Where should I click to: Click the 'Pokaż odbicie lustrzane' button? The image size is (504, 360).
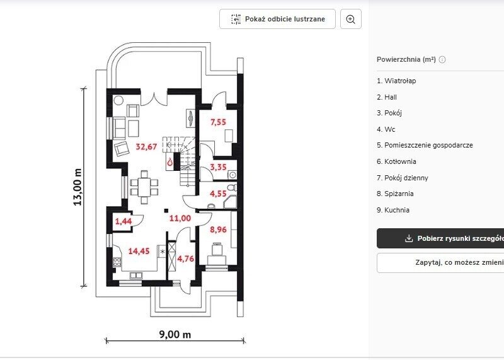pyautogui.click(x=277, y=19)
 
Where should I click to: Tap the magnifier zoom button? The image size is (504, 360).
pyautogui.click(x=351, y=19)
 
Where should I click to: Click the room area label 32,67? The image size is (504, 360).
pyautogui.click(x=147, y=147)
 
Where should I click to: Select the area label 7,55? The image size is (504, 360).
pyautogui.click(x=218, y=122)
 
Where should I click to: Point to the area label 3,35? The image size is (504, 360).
pyautogui.click(x=218, y=167)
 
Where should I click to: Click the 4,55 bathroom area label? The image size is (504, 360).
pyautogui.click(x=218, y=194)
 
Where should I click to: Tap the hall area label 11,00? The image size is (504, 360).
pyautogui.click(x=180, y=218)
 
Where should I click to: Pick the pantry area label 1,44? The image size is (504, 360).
pyautogui.click(x=123, y=221)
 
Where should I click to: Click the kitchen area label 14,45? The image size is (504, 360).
pyautogui.click(x=139, y=251)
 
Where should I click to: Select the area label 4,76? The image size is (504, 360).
pyautogui.click(x=186, y=258)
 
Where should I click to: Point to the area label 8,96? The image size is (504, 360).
pyautogui.click(x=218, y=229)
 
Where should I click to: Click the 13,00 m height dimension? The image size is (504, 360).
pyautogui.click(x=77, y=187)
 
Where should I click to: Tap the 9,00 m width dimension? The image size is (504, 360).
pyautogui.click(x=175, y=335)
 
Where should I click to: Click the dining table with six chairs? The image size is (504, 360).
pyautogui.click(x=144, y=187)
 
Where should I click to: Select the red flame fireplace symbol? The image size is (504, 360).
pyautogui.click(x=169, y=163)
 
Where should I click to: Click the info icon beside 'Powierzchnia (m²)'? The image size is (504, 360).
pyautogui.click(x=442, y=59)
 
